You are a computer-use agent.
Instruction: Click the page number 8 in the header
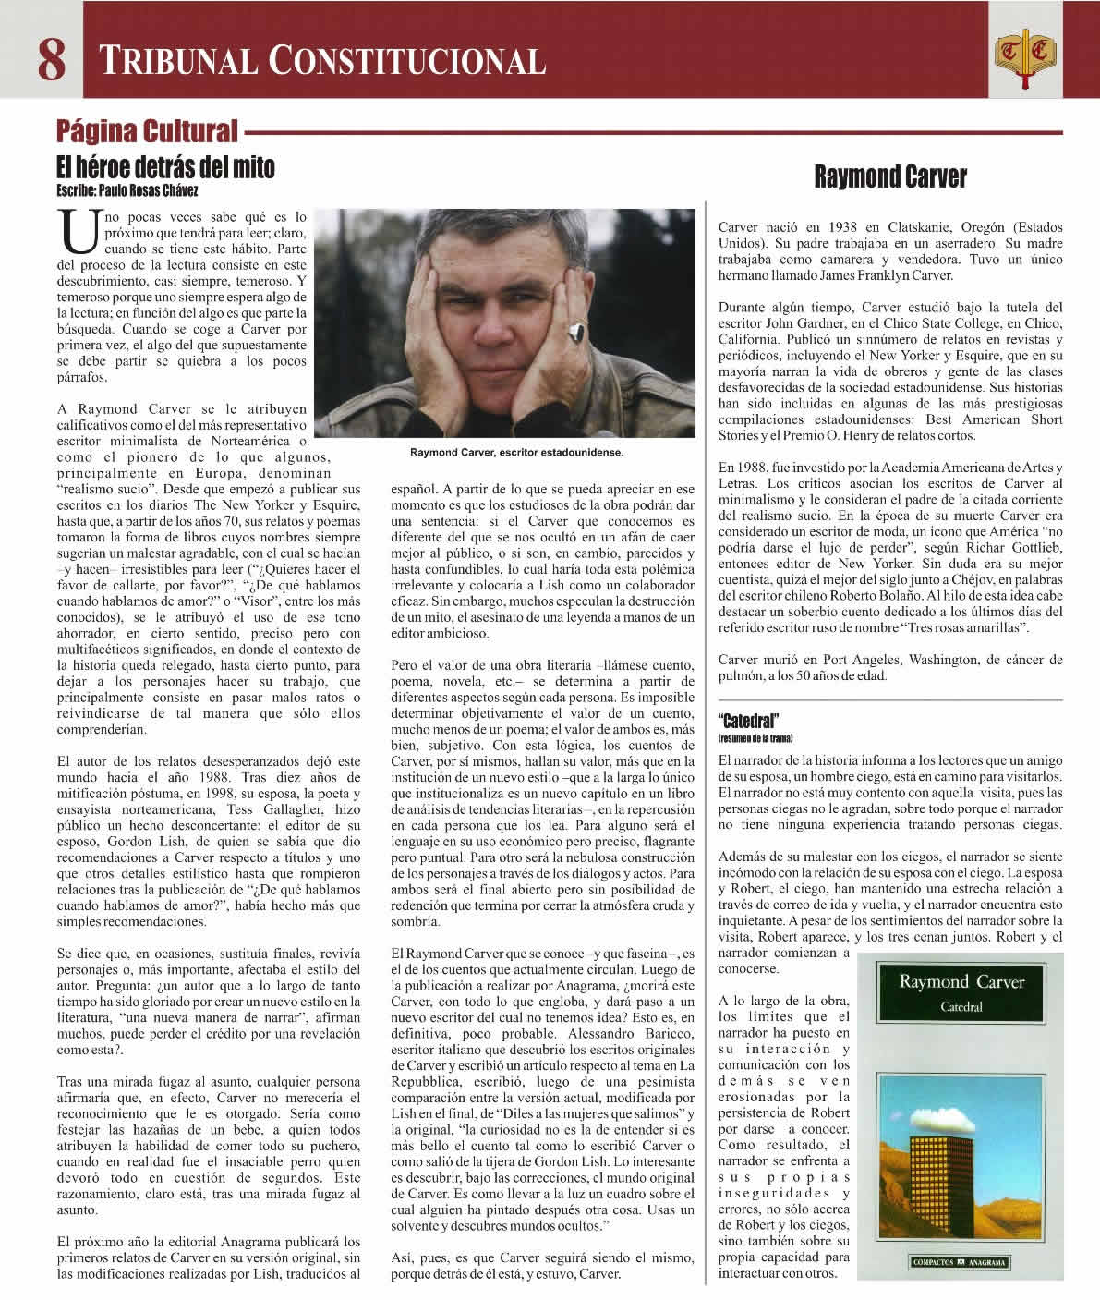coord(51,60)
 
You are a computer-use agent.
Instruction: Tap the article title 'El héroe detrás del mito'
coord(166,168)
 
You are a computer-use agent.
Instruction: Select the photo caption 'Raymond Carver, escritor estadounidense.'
coord(517,453)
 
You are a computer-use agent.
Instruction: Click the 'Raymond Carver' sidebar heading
coord(890,177)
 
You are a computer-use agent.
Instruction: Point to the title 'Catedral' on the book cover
coord(961,1007)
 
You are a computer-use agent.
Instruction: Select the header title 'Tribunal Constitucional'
coord(322,61)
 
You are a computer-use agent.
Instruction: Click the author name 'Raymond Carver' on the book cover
coord(961,981)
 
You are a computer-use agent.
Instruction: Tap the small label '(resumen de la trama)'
coord(755,739)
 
